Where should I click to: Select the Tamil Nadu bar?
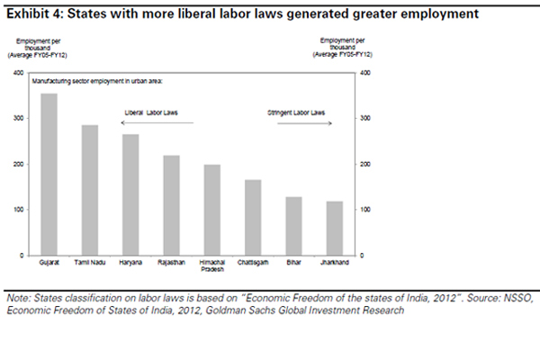point(90,190)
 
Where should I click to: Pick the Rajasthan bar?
point(171,206)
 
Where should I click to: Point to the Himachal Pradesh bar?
point(211,211)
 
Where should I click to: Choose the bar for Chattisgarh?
point(253,218)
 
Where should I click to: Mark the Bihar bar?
point(293,226)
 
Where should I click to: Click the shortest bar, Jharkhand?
point(334,229)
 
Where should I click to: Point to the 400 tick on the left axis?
point(19,73)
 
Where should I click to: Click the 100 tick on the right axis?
point(364,210)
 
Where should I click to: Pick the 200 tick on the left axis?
point(19,165)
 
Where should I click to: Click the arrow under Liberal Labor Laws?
point(157,122)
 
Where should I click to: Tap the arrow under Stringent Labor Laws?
point(298,122)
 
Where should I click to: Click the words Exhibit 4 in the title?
point(31,14)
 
